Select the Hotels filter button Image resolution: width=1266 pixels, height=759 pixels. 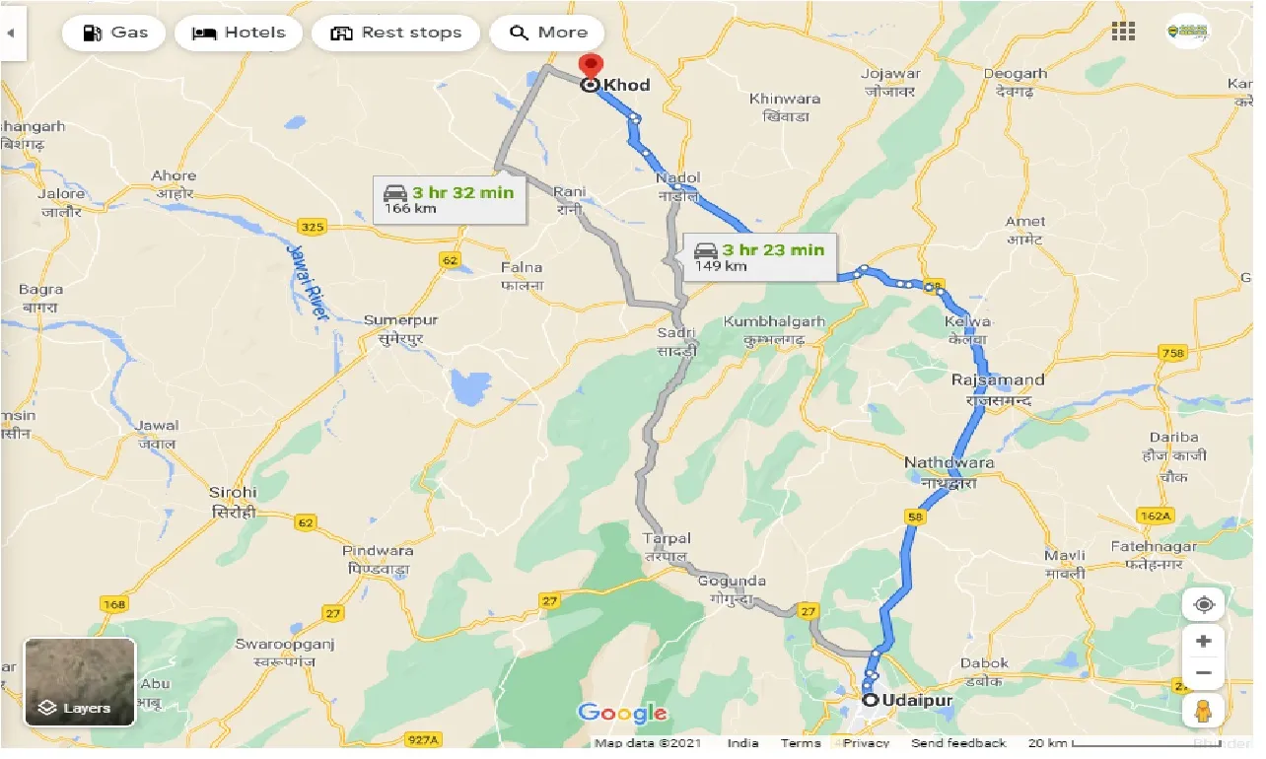click(237, 33)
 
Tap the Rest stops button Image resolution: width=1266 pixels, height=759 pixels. click(395, 33)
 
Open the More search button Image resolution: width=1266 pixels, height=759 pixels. click(547, 33)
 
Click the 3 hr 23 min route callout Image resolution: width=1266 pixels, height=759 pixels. click(759, 256)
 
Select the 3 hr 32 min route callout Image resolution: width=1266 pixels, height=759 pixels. click(450, 199)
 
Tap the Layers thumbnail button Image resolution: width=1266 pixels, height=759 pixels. click(80, 681)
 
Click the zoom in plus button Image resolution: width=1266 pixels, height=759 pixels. click(1203, 641)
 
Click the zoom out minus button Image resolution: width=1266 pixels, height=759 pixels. click(1203, 674)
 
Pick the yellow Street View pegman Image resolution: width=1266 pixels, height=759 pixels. click(1203, 710)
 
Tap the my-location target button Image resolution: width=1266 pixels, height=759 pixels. click(1203, 603)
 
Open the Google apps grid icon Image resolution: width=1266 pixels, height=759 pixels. click(1123, 32)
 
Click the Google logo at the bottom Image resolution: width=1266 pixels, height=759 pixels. click(622, 713)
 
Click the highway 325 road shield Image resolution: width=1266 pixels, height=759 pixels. click(312, 228)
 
